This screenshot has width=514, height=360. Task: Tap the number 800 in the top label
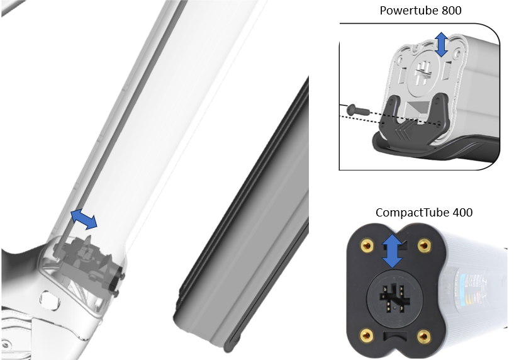tap(452, 10)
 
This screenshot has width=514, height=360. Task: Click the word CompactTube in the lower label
tap(412, 213)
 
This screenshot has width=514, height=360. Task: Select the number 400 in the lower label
tap(462, 213)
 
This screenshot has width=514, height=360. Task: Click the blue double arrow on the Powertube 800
tap(442, 44)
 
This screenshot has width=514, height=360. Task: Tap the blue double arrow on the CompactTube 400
tap(393, 251)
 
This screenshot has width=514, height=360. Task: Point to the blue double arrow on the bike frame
tap(84, 220)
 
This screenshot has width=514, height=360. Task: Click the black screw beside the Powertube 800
tap(359, 109)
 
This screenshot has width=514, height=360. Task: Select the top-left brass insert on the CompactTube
tap(367, 245)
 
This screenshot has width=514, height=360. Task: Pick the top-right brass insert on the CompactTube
tap(425, 245)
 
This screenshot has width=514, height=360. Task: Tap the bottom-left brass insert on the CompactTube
tap(367, 335)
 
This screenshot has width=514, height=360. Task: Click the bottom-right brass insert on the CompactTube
tap(424, 335)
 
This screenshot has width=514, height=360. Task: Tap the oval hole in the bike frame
tap(50, 299)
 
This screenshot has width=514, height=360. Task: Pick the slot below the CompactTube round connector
tap(394, 336)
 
